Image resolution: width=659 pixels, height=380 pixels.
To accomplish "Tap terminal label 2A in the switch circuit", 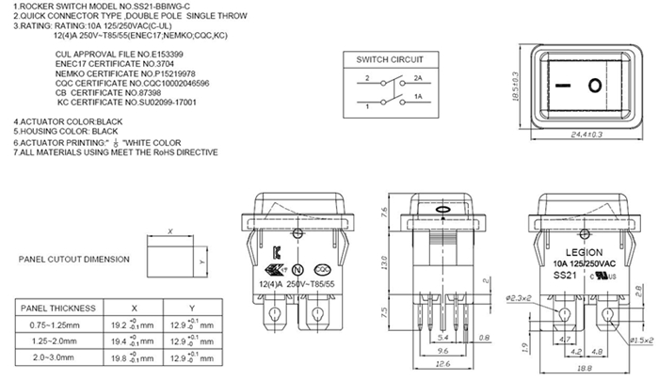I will click(416, 79).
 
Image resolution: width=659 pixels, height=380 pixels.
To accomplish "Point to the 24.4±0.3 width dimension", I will click(587, 135).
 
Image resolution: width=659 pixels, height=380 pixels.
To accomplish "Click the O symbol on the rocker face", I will click(595, 87).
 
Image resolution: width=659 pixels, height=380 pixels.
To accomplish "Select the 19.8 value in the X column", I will click(120, 357).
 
